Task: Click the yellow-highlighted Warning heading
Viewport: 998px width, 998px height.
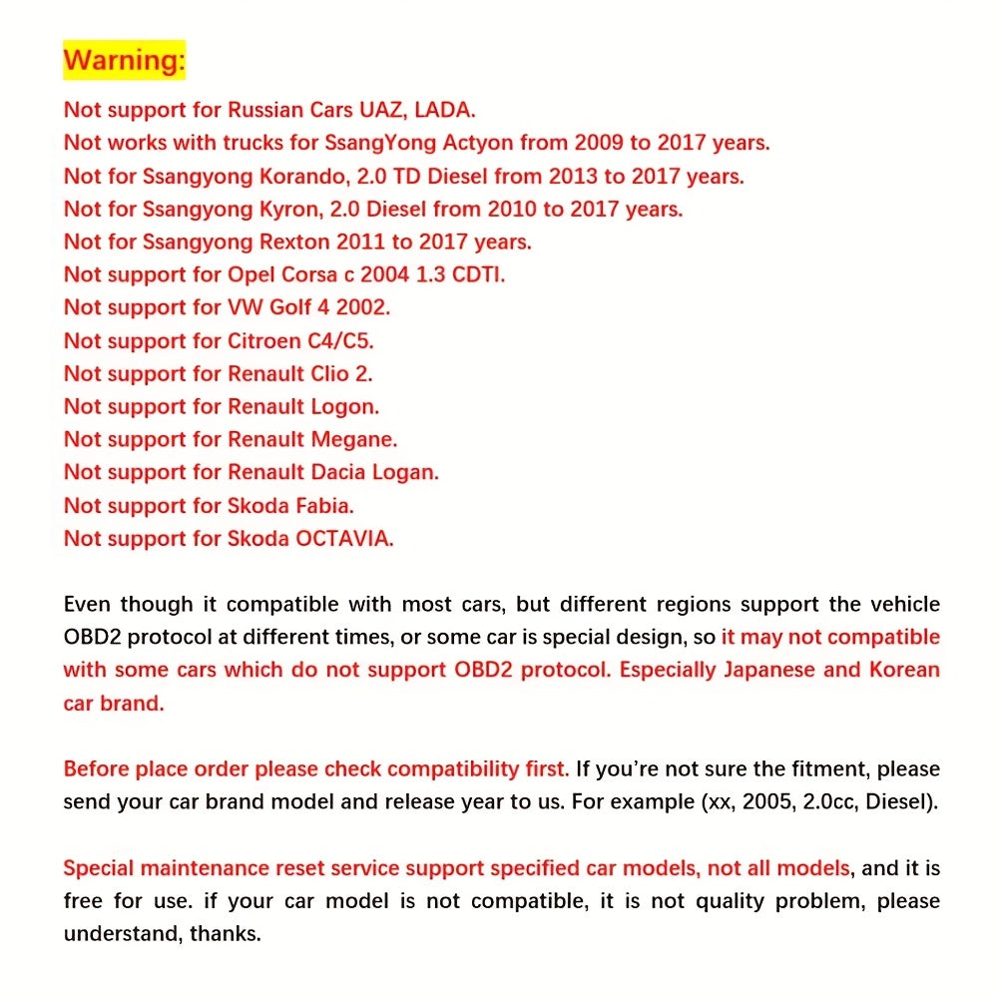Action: point(124,60)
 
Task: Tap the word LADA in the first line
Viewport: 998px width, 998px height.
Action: point(451,109)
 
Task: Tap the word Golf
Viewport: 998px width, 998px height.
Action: point(290,307)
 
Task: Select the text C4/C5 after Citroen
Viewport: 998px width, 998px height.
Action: point(339,340)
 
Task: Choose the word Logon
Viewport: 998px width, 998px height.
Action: point(344,407)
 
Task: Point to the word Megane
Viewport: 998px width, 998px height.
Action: point(353,439)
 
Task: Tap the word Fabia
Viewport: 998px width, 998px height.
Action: point(322,505)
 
